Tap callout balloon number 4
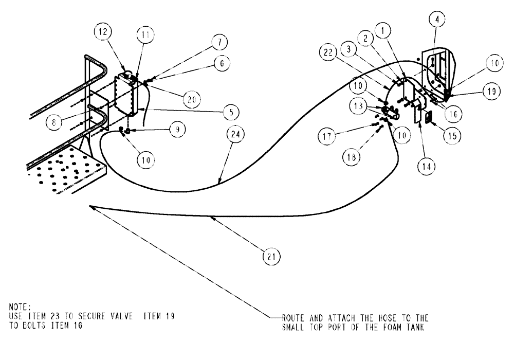pos(436,20)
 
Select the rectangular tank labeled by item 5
pos(126,95)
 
